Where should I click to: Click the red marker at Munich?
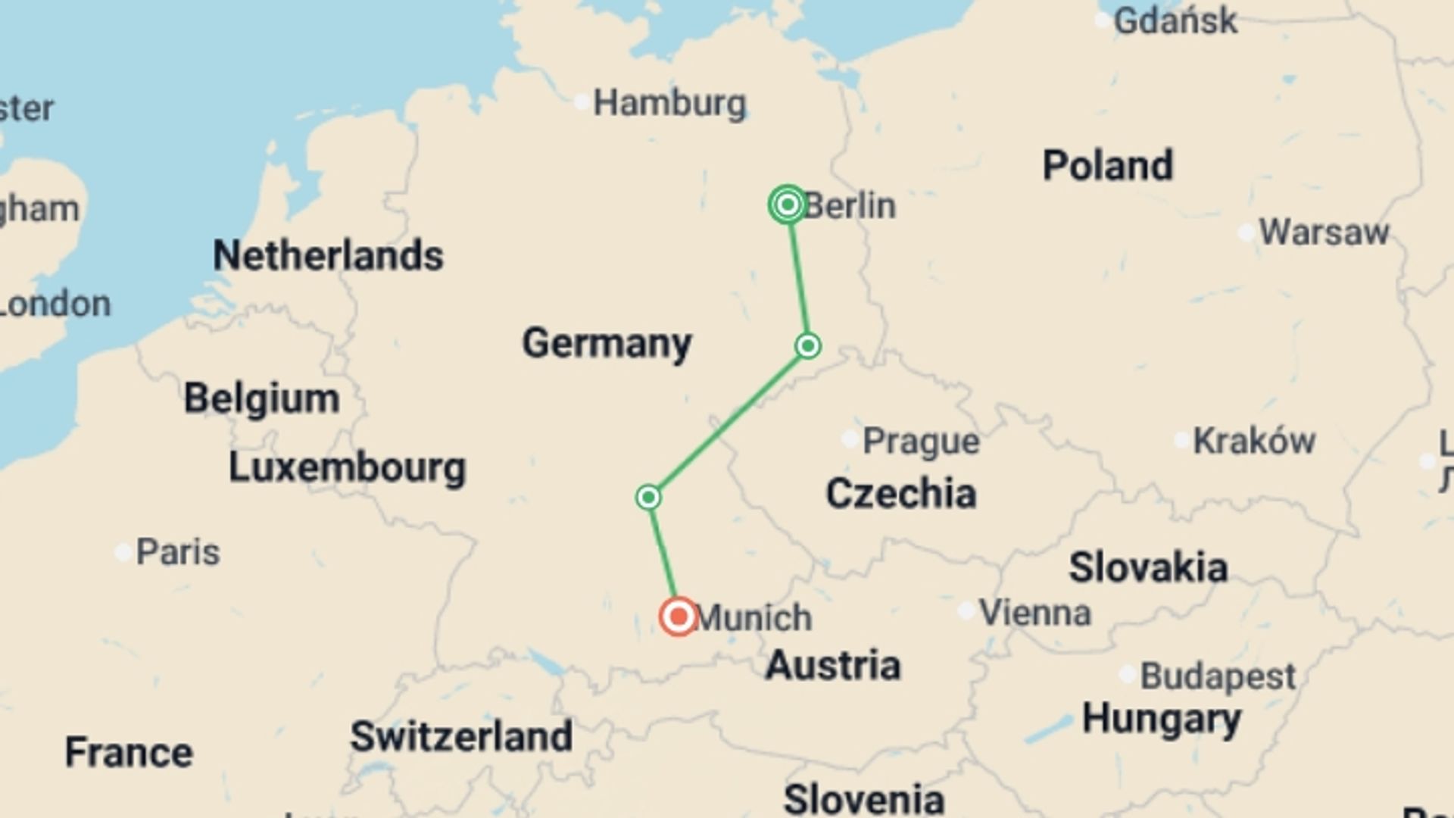click(678, 617)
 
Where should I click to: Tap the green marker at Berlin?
click(788, 204)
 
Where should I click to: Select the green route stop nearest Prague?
click(808, 346)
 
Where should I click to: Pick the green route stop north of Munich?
click(648, 498)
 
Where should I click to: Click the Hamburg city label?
click(669, 103)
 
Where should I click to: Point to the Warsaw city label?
click(1324, 232)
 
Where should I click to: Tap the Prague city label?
click(921, 441)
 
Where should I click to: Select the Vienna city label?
click(1034, 612)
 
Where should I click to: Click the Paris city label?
click(178, 552)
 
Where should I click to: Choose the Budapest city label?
click(1218, 676)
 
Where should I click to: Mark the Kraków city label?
click(1254, 441)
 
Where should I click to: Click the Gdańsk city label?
click(1175, 20)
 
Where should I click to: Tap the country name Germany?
click(607, 343)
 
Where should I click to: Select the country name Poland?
click(1108, 165)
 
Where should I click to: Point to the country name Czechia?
click(900, 494)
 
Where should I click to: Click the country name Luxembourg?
click(347, 467)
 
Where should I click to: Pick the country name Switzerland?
click(461, 736)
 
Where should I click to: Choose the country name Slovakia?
click(1148, 567)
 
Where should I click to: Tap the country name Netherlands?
click(328, 255)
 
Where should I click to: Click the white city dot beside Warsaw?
click(1246, 233)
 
